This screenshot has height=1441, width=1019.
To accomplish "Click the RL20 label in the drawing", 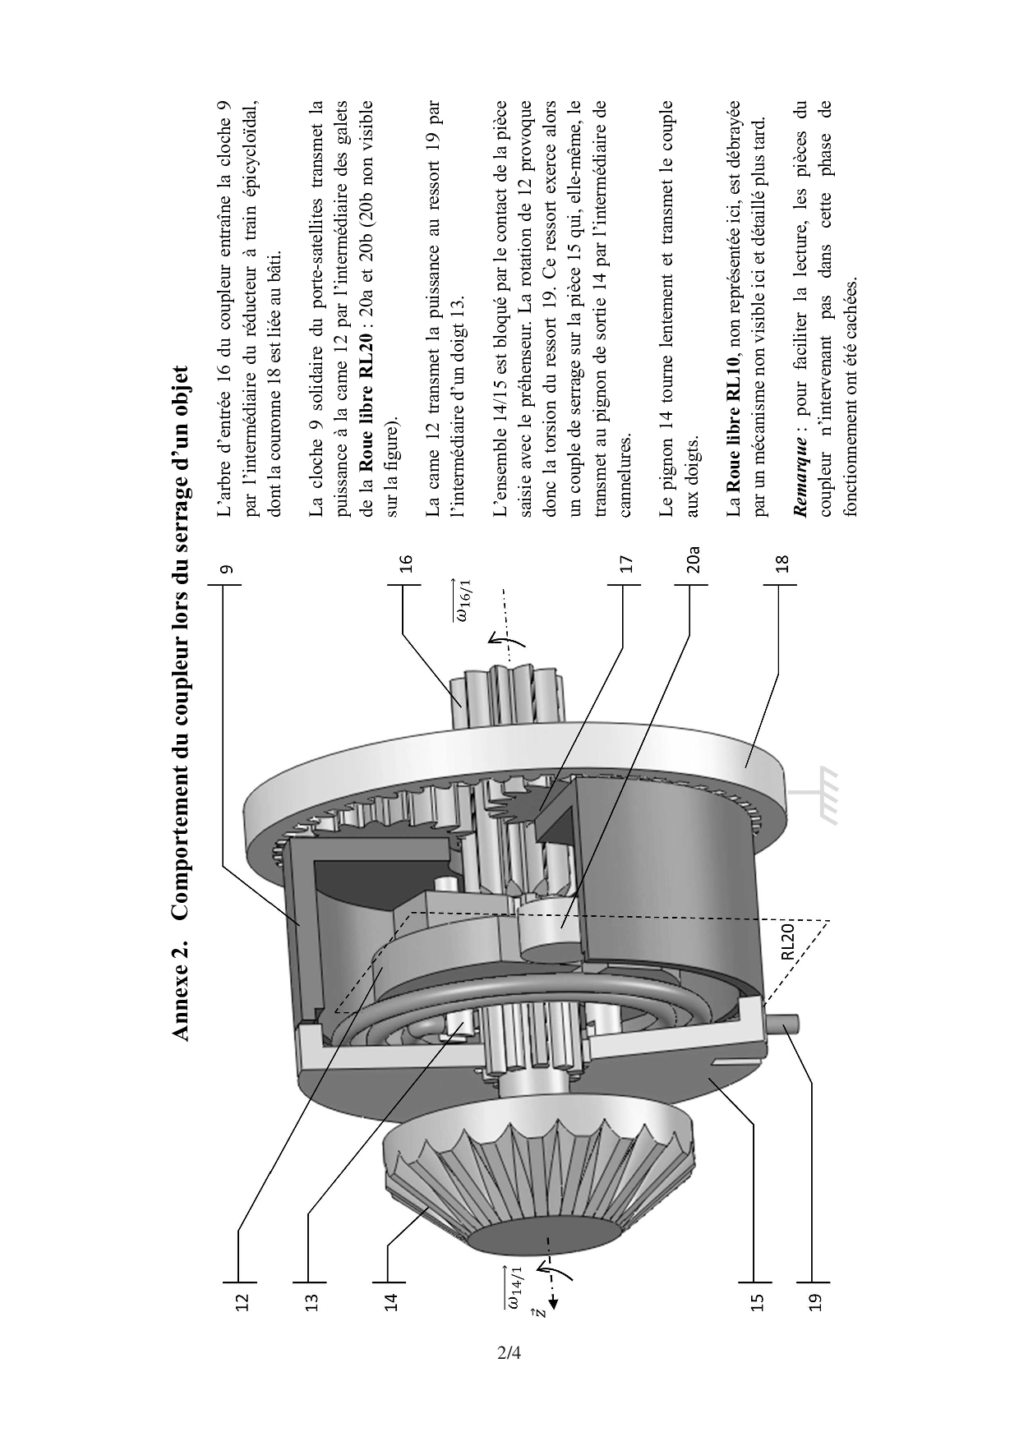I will tap(786, 941).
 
